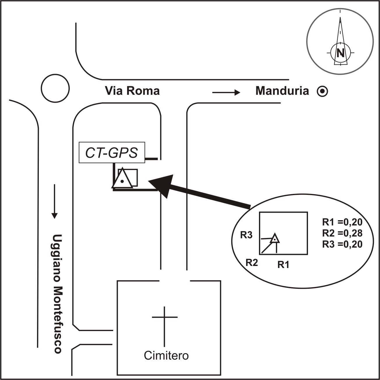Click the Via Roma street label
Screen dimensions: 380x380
click(132, 91)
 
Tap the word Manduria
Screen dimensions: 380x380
click(282, 91)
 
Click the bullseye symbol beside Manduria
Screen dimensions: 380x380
click(323, 92)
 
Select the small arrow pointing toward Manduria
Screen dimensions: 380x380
click(226, 93)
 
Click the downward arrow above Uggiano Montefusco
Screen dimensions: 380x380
click(54, 201)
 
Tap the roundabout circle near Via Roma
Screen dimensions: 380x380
click(55, 88)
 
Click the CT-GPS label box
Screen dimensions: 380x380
click(112, 153)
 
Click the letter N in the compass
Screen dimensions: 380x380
click(340, 53)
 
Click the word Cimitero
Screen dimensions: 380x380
click(166, 356)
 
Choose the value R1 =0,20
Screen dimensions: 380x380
click(342, 222)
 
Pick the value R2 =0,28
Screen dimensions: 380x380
click(342, 233)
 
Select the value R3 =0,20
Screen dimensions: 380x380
click(342, 244)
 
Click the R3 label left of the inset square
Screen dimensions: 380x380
click(246, 235)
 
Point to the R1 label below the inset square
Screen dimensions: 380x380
click(283, 265)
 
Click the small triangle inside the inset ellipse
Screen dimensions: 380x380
click(274, 239)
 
